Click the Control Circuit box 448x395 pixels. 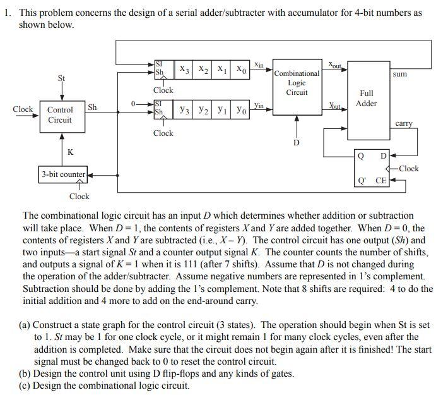(x=61, y=114)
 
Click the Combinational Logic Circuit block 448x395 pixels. (x=297, y=83)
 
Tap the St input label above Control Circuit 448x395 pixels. (x=61, y=78)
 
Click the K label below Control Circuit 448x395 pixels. (x=70, y=152)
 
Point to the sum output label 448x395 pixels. (x=399, y=74)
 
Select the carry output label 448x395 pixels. (x=404, y=124)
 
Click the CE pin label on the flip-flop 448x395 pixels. (x=381, y=181)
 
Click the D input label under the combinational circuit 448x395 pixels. (x=297, y=142)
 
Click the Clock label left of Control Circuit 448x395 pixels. (x=23, y=109)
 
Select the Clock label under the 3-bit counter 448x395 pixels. (x=80, y=197)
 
